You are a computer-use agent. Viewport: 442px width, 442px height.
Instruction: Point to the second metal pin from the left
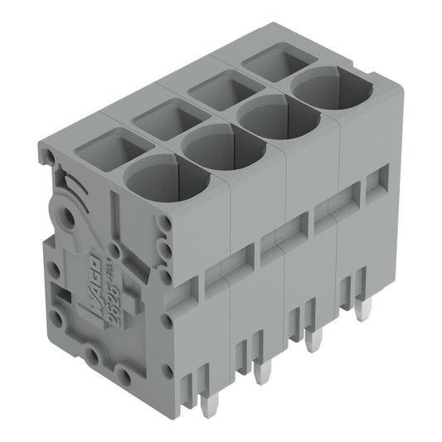[262, 372]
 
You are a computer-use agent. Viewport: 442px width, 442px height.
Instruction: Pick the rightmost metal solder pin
[362, 311]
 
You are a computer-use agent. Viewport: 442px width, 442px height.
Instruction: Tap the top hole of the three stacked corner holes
[165, 223]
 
